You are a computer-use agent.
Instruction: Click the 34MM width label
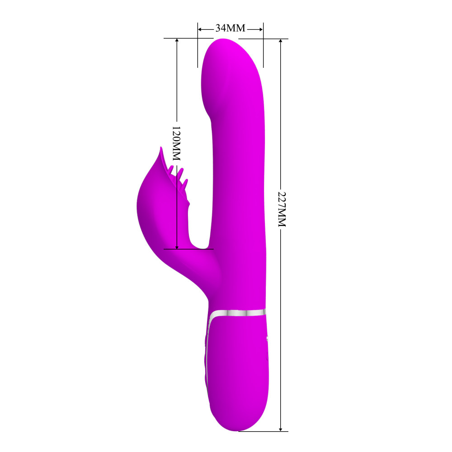(x=230, y=28)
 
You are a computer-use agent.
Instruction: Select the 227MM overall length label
(x=281, y=208)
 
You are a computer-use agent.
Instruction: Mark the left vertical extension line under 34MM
(x=198, y=50)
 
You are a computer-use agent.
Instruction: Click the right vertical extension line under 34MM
(x=263, y=50)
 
